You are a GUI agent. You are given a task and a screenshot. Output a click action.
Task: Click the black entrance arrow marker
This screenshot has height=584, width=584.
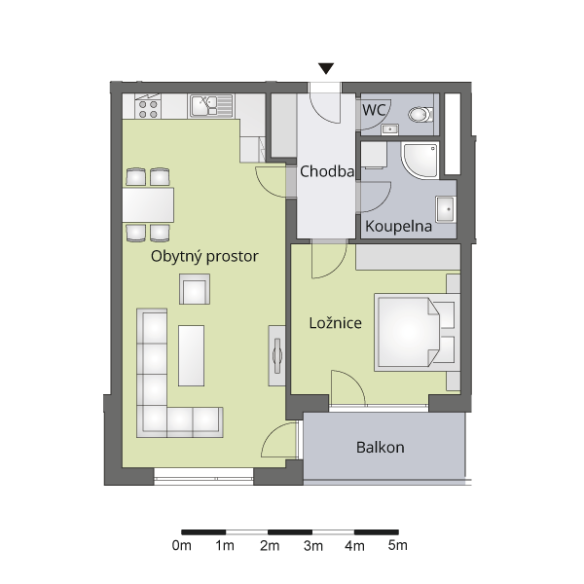pos(326,68)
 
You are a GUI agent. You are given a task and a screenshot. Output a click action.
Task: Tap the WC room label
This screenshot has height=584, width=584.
pos(374,110)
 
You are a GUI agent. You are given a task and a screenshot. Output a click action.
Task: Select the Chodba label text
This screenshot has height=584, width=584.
pos(327,171)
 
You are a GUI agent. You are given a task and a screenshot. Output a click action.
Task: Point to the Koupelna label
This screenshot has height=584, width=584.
pos(398,226)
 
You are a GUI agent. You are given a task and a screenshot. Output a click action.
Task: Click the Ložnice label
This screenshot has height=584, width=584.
pos(335,322)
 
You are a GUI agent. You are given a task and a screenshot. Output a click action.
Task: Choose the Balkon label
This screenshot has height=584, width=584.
pos(381,447)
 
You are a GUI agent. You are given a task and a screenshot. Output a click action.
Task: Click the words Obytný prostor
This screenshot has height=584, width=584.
pos(204,256)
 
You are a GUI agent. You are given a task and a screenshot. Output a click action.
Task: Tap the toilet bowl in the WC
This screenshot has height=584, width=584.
pos(420,114)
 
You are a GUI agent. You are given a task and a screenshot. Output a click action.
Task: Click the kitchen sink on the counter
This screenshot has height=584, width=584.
pos(211,105)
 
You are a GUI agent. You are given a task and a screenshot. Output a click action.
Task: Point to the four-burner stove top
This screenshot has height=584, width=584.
pos(148,106)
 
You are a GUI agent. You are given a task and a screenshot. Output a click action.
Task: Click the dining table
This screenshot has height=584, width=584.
pos(148,204)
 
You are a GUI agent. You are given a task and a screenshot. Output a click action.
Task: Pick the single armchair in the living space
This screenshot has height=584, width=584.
pos(195,289)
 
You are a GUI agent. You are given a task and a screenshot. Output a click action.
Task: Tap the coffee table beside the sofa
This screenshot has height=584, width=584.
pos(191,355)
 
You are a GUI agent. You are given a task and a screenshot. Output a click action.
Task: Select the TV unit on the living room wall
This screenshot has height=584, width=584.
pos(276,355)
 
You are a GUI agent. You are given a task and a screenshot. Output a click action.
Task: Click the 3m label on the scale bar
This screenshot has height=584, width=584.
pos(312,546)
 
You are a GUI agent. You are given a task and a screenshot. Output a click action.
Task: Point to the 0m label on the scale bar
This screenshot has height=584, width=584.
pos(182,546)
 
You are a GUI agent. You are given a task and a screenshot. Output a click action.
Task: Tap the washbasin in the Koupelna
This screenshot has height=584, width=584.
pos(446,209)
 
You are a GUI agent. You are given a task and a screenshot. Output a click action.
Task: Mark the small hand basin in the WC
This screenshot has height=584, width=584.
pos(390,129)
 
